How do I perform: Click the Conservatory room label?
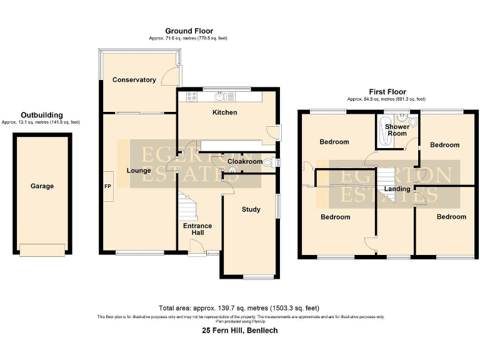point(134,80)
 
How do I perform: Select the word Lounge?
point(138,171)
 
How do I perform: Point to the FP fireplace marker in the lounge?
point(107,186)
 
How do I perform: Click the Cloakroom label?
point(244,161)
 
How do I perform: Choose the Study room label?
point(251,209)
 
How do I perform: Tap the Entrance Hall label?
point(197,229)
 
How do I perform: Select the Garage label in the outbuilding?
point(42,186)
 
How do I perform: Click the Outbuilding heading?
point(41,115)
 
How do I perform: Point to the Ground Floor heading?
point(189,31)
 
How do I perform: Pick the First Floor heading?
point(386,91)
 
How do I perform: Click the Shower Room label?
point(397,130)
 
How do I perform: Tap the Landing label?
point(397,189)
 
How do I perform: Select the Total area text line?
point(239,308)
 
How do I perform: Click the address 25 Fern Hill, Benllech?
point(239,330)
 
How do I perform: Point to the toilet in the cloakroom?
point(269,164)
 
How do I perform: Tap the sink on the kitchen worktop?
point(222,96)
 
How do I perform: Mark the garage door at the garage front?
point(42,250)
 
